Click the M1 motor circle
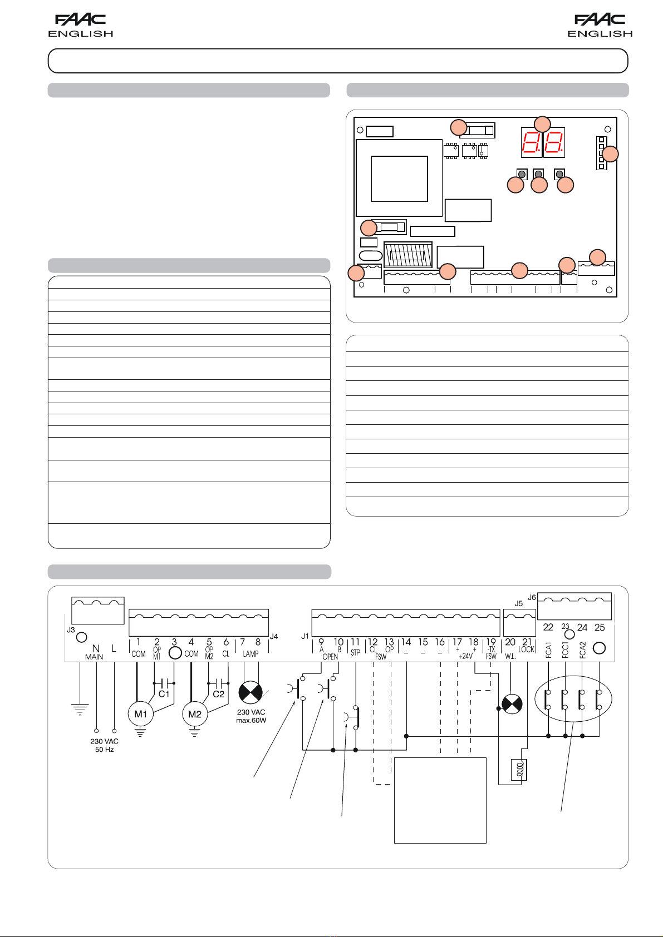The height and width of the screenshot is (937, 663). coord(140,714)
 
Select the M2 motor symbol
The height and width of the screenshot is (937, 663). coord(194,714)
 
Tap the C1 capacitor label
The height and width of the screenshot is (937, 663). coord(164,694)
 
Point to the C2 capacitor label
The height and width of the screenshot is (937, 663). coord(218,694)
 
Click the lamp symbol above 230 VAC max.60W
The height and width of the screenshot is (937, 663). coord(251,692)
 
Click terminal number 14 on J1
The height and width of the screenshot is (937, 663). coord(406,642)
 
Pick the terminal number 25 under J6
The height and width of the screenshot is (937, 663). coord(600,627)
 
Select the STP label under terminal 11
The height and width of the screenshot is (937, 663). coord(355,653)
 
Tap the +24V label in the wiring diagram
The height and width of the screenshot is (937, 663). coord(466,656)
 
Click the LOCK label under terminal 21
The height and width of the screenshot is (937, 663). coord(526,650)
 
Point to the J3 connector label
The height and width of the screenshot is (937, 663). coord(71,630)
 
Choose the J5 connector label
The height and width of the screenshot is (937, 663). coord(518,603)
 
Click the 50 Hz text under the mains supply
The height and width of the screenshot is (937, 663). coord(104,750)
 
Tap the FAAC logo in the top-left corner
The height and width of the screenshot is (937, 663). coord(81,20)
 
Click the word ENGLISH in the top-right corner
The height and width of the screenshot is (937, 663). coord(600,34)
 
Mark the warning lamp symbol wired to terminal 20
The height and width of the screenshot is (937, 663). coord(512,705)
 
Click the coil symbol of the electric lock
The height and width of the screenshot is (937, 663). coord(520,770)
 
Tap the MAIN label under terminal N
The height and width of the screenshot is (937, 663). coord(94,657)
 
